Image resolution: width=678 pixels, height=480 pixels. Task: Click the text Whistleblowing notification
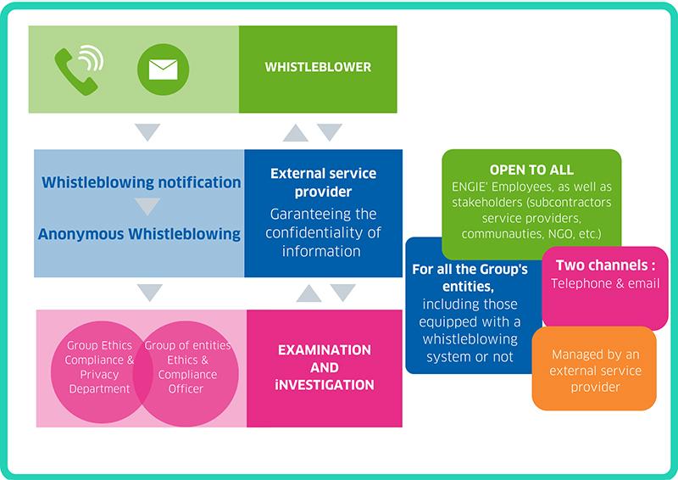point(141,182)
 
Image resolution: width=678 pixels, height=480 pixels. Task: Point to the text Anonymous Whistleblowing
point(141,234)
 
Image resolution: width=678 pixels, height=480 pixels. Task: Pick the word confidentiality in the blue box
point(323,232)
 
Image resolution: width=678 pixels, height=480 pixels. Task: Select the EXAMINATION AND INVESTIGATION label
point(325,367)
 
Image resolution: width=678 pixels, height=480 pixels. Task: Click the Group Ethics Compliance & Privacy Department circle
point(100,366)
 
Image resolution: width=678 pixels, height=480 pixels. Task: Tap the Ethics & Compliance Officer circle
point(188,366)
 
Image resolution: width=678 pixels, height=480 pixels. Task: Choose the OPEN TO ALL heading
point(531,170)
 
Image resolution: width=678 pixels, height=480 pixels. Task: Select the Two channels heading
point(604,265)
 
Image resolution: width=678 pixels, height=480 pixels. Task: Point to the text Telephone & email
point(604,283)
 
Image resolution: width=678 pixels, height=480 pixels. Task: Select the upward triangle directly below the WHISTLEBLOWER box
point(295,132)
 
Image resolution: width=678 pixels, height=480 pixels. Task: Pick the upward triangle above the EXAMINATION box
point(308,293)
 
